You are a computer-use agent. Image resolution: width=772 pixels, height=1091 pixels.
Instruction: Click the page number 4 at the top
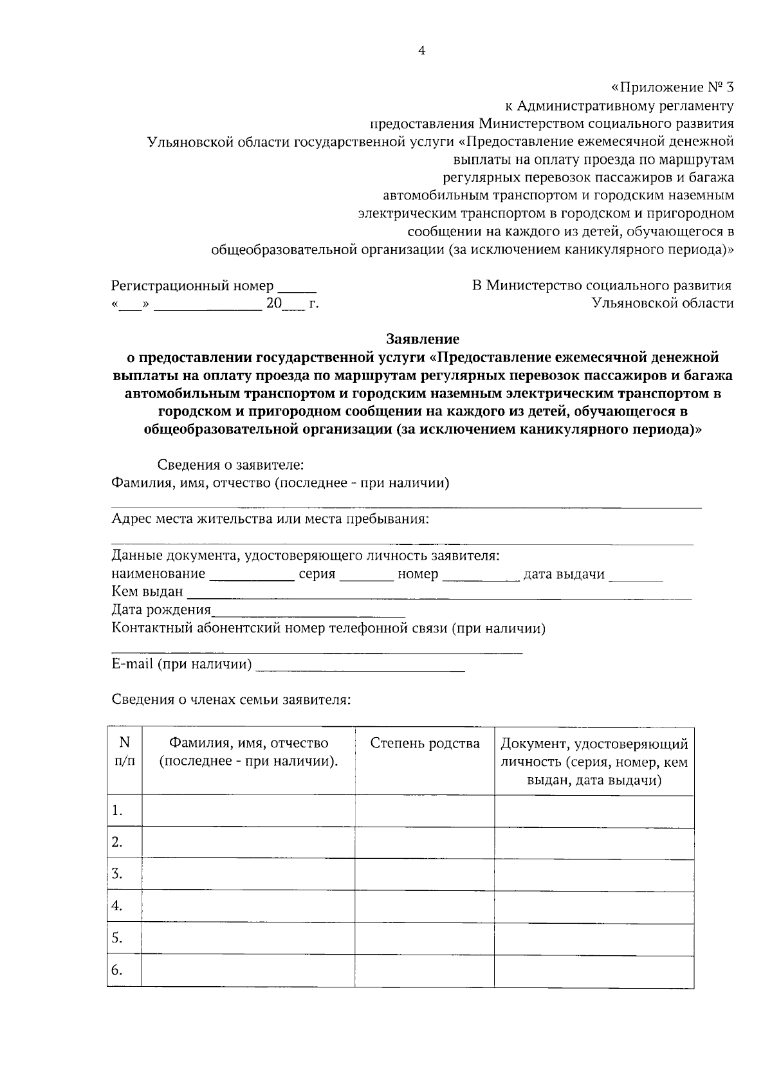pos(421,51)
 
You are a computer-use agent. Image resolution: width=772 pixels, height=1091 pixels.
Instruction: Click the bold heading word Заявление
pos(422,338)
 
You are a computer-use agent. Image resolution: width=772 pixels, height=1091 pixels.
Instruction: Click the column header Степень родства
pos(425,744)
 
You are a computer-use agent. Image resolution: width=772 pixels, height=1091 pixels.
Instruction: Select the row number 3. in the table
pos(116,874)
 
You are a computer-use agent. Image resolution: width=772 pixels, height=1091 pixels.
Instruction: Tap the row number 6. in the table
pos(116,970)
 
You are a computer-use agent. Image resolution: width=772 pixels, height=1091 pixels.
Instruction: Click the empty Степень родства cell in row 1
pos(425,811)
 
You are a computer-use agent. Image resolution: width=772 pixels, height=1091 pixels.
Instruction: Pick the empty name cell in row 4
pos(248,906)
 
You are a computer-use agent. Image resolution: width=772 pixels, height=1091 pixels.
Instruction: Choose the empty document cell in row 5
pos(594,939)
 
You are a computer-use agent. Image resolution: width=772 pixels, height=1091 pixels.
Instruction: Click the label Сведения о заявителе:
pos(231,464)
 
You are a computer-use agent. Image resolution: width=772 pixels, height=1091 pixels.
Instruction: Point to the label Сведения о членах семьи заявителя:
pos(231,699)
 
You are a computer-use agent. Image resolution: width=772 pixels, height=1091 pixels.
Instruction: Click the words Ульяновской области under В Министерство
pos(663,303)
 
